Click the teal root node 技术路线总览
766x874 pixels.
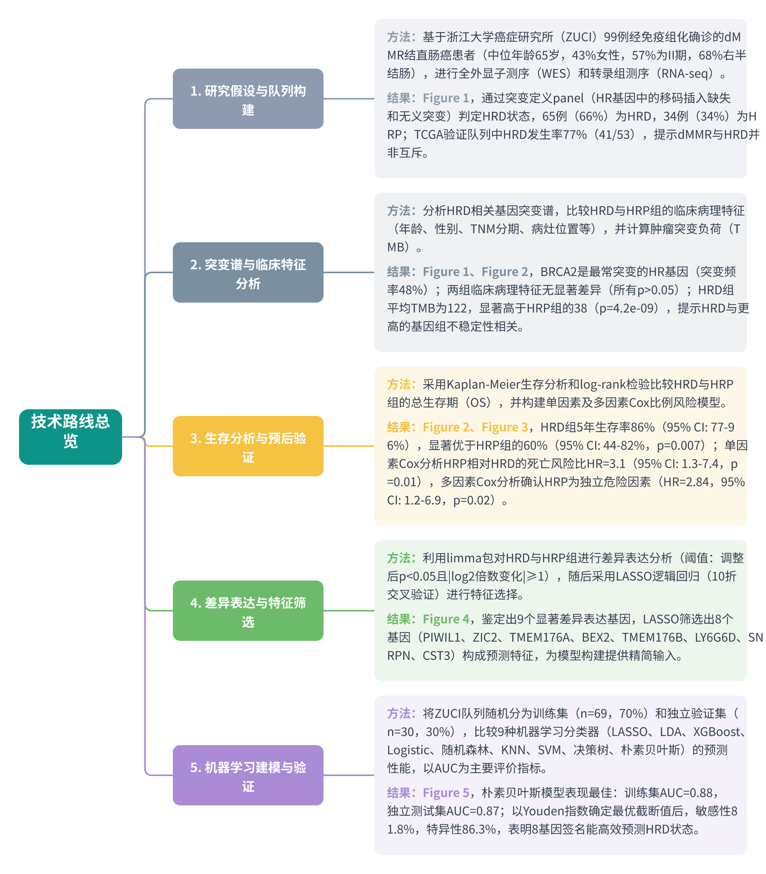point(71,437)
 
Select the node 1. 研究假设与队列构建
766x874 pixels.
point(248,99)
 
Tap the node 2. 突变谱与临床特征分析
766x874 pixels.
point(248,272)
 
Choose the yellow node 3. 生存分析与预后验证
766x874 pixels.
point(248,446)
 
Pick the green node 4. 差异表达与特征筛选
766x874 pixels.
point(248,611)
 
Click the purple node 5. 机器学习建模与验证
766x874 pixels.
point(248,775)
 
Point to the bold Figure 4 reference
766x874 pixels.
point(446,619)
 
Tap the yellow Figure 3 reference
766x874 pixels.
point(505,427)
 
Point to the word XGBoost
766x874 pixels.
point(716,732)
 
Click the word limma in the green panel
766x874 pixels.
point(464,558)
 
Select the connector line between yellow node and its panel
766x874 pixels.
point(349,446)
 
